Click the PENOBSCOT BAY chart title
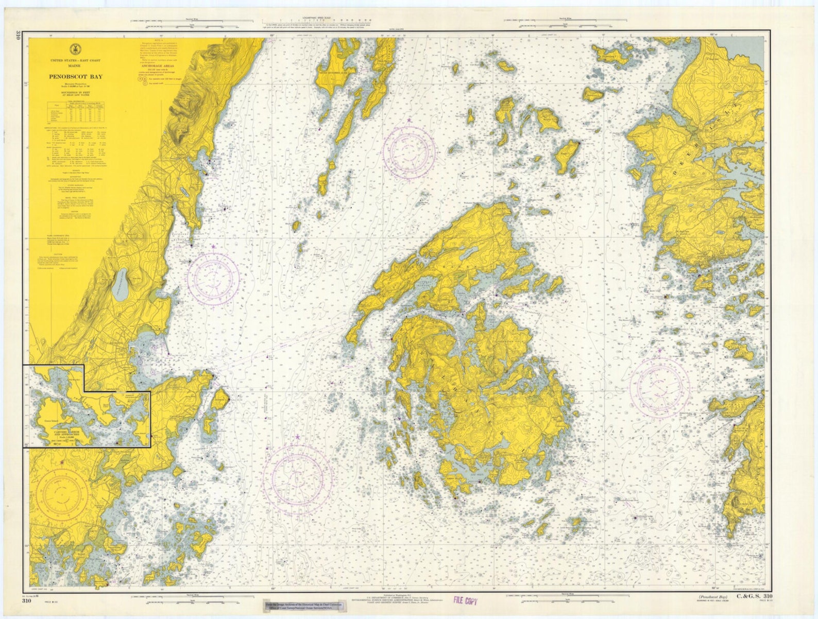[x=76, y=77]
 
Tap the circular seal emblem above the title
[x=76, y=49]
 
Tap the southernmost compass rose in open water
[x=297, y=477]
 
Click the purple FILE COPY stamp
[x=465, y=600]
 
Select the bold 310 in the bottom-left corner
[x=27, y=600]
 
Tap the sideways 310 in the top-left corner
[x=19, y=36]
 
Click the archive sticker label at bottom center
[x=299, y=606]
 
